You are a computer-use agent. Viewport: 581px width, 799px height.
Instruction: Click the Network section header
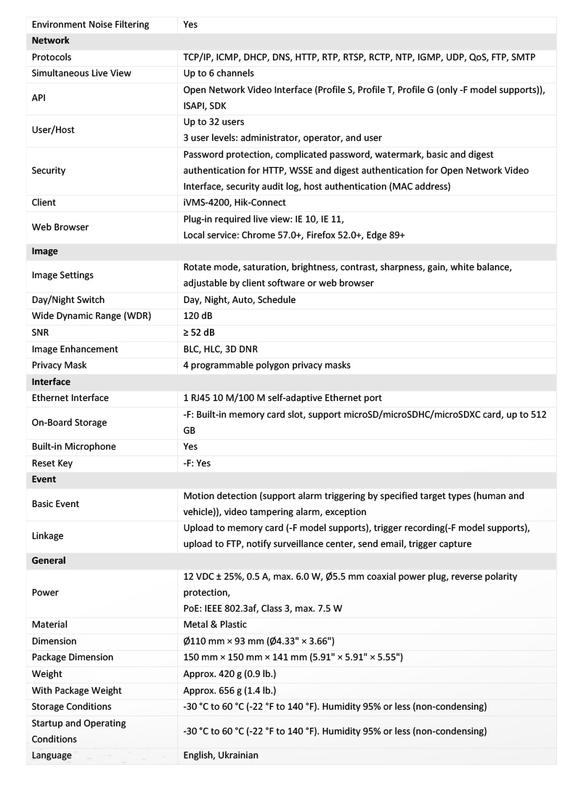(51, 41)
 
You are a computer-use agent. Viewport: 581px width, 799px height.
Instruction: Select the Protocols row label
(52, 57)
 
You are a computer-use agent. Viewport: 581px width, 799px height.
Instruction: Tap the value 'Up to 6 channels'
(219, 73)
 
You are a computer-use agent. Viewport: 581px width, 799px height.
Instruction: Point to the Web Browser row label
(60, 227)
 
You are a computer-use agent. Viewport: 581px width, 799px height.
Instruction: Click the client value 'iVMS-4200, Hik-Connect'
(235, 203)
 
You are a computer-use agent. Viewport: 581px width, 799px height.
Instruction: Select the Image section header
(45, 251)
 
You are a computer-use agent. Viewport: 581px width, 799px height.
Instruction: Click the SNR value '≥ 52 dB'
(199, 333)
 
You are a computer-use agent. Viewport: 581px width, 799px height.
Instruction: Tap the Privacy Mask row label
(60, 365)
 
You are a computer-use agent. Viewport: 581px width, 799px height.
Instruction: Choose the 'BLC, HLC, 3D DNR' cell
(227, 349)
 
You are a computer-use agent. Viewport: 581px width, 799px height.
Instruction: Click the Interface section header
(51, 381)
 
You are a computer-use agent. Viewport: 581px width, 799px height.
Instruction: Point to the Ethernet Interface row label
(70, 398)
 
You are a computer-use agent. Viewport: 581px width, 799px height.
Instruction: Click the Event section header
(44, 479)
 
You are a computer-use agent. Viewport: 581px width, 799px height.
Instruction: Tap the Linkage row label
(48, 536)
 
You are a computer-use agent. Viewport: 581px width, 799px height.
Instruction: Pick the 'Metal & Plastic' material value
(215, 625)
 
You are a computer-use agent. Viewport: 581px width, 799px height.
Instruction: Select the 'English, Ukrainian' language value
(221, 755)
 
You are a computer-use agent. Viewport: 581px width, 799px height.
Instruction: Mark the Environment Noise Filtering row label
(91, 25)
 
